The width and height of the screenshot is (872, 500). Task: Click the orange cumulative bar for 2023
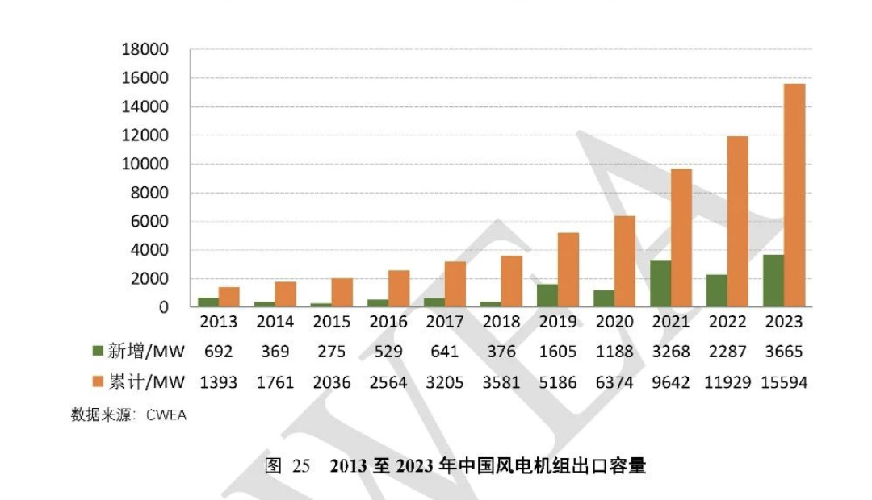tap(794, 195)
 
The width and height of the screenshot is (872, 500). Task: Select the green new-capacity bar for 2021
tap(660, 284)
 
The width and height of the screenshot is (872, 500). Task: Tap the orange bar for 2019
tap(568, 269)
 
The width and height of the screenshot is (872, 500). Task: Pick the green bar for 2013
tap(208, 302)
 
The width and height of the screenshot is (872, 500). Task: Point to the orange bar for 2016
tap(399, 289)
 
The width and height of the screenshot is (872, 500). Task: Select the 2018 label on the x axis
tap(501, 322)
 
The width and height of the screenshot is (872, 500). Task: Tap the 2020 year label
tap(614, 322)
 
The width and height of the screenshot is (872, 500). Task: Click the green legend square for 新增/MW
tap(99, 351)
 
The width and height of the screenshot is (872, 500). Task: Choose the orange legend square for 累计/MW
tap(99, 381)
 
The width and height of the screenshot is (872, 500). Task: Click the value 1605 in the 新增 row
tap(558, 352)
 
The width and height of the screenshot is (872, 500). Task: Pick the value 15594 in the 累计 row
tap(784, 381)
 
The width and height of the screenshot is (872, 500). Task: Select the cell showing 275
tap(331, 352)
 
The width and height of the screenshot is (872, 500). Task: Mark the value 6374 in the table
tap(614, 381)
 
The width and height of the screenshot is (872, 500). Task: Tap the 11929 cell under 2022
tap(727, 381)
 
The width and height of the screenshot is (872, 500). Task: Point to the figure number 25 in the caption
tap(300, 466)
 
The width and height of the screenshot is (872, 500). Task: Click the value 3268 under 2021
tap(671, 352)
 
